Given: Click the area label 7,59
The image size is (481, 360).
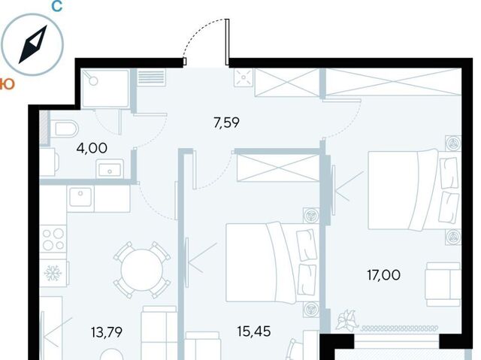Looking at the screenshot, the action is [226, 123].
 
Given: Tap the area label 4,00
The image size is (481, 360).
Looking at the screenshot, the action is [92, 148].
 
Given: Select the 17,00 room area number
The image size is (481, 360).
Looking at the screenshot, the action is [384, 275].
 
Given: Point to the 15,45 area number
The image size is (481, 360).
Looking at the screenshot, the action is [254, 331].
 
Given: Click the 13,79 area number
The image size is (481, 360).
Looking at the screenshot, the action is [107, 332].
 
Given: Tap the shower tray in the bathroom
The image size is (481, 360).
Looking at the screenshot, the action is [106, 89].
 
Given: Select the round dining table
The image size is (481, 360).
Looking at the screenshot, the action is [142, 270].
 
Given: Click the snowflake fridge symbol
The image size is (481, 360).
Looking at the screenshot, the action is [53, 273].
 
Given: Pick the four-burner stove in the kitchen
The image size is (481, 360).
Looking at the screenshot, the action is [53, 239].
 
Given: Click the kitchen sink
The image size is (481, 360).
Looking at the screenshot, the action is [80, 197].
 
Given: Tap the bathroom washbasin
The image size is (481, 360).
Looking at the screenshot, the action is [110, 169].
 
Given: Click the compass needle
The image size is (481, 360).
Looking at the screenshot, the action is [33, 44].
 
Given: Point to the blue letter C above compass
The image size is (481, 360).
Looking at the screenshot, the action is [57, 6].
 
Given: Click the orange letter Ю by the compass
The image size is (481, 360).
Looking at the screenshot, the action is [7, 84].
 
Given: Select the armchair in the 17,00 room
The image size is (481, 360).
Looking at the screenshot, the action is [443, 284].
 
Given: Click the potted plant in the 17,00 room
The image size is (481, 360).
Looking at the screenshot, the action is [346, 319].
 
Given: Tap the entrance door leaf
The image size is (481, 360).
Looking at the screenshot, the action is [227, 42].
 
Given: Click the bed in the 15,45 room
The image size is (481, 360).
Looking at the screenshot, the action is [272, 262].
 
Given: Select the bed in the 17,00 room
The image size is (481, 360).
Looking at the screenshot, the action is [414, 190].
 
